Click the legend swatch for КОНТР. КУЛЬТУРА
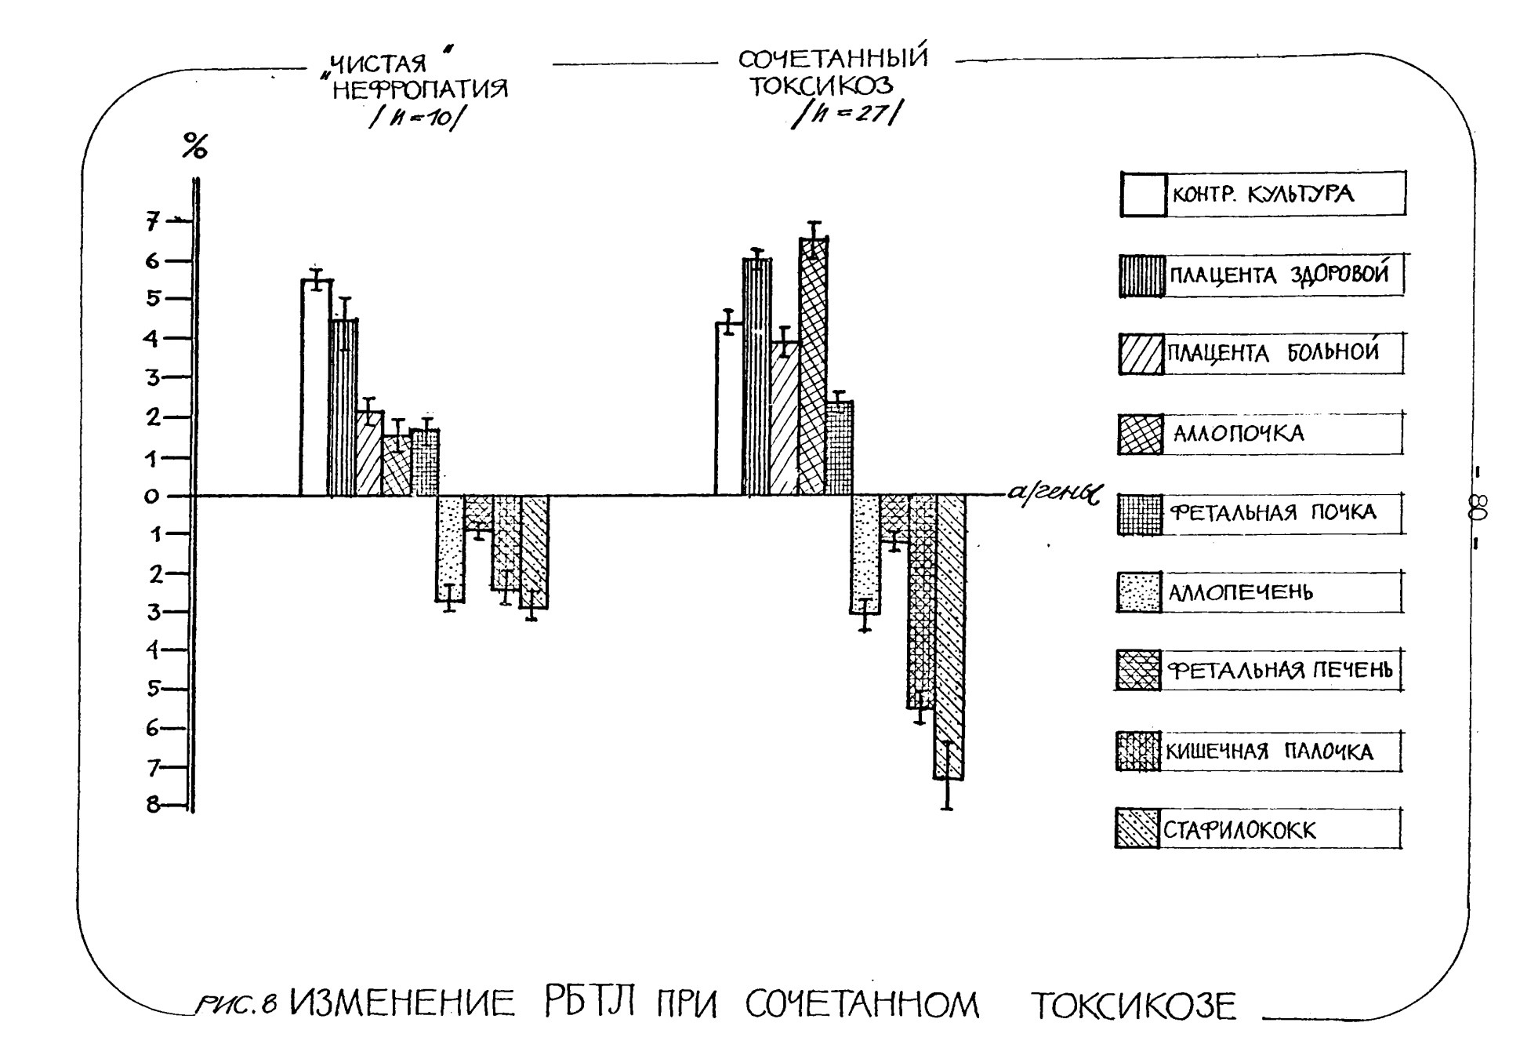pos(1144,194)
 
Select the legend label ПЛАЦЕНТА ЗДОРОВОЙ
pos(1279,275)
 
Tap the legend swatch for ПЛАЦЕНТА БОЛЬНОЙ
pos(1141,354)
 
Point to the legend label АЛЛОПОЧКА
pos(1238,433)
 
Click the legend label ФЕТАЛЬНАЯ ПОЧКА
pos(1273,513)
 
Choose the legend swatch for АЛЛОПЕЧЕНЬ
pos(1138,592)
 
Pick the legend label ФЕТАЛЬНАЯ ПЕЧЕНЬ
pos(1280,671)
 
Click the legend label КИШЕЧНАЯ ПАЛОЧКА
pos(1269,751)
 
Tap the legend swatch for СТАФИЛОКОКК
pos(1137,829)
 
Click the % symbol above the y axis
pos(194,146)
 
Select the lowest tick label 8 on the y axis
pos(153,805)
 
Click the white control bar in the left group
pos(316,388)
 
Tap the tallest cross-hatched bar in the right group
pos(814,366)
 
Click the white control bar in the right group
pos(729,409)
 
